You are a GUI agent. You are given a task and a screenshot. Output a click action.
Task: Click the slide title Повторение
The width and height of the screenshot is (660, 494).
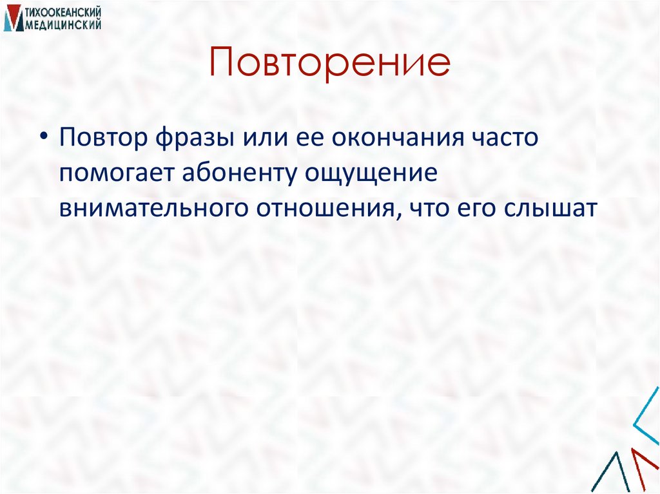click(x=329, y=64)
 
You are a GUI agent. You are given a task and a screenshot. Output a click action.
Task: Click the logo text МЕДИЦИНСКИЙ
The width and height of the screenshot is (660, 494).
click(x=63, y=24)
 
